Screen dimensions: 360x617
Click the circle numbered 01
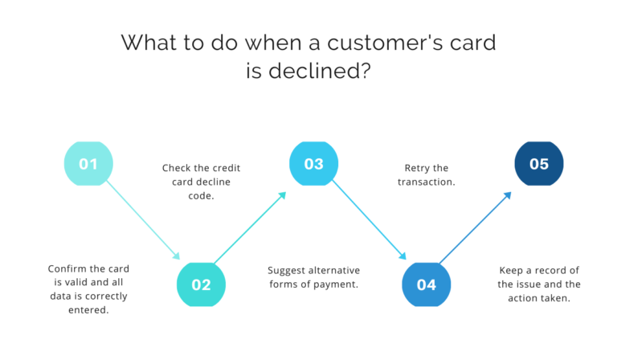tap(88, 164)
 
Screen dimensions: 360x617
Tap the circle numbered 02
tap(201, 284)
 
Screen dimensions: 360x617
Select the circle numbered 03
tap(313, 164)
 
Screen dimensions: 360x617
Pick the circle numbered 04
tap(426, 284)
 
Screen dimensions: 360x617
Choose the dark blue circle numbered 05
tap(538, 164)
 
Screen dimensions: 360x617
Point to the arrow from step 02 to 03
tap(251, 227)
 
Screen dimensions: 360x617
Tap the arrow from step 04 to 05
tap(476, 227)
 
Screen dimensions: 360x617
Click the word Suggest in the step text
tap(288, 269)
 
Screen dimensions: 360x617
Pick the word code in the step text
tap(201, 196)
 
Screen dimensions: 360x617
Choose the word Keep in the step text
tap(512, 270)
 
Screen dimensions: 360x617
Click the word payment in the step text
tap(338, 284)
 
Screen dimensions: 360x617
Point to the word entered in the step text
tap(88, 310)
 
